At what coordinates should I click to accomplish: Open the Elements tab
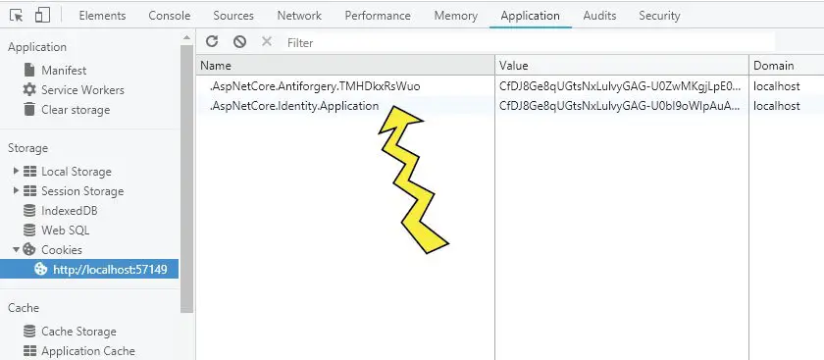tap(101, 16)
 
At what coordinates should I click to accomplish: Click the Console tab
tap(170, 16)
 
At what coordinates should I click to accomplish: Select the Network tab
tap(299, 16)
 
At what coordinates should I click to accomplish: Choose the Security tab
tap(659, 16)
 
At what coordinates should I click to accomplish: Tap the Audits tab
tap(599, 16)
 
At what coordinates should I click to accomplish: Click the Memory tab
tap(455, 16)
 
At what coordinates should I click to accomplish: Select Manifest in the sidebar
tap(64, 71)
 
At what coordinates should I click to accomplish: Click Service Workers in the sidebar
tap(82, 90)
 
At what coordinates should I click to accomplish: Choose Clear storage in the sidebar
tap(76, 110)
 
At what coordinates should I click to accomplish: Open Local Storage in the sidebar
tap(77, 172)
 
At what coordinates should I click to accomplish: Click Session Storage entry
tap(82, 191)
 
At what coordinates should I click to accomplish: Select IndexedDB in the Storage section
tap(69, 211)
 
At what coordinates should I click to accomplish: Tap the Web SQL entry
tap(65, 231)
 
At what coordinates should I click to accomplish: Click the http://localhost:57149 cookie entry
tap(109, 270)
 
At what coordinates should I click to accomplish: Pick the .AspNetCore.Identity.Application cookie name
tap(294, 106)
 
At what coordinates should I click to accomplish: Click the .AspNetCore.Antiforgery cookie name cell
tap(315, 86)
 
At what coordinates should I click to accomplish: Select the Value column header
tap(514, 65)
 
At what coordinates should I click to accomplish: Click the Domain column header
tap(773, 65)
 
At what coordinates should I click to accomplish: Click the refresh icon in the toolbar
tap(212, 42)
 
